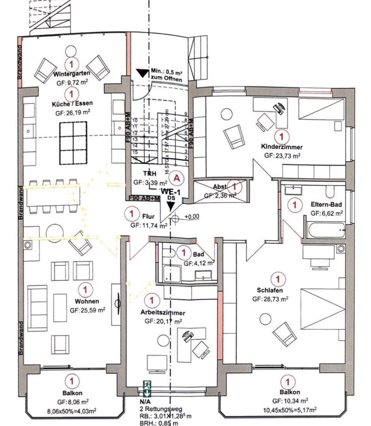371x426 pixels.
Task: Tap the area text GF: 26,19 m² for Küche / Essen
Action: point(72,113)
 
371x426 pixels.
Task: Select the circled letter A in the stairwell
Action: point(177,178)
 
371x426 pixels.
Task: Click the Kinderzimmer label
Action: point(282,147)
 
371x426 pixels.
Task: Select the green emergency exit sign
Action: point(147,387)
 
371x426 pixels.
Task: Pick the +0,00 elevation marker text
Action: point(192,217)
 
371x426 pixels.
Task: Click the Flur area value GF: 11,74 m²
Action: point(149,225)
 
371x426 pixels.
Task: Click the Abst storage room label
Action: point(220,187)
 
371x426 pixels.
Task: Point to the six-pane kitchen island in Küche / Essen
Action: point(73,142)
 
